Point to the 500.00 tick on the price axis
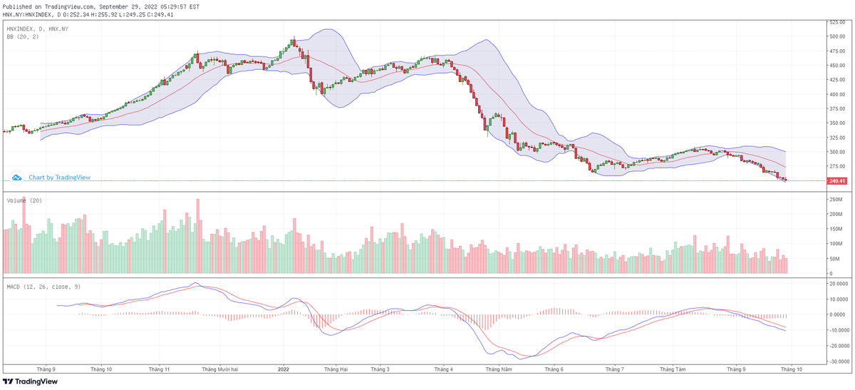point(836,36)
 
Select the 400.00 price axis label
point(836,94)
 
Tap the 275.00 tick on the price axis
point(836,166)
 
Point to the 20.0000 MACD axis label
point(838,283)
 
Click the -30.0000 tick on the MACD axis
point(838,361)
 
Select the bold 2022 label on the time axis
point(283,369)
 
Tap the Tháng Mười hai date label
point(220,369)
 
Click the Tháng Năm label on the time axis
point(497,369)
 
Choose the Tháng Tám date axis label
point(673,369)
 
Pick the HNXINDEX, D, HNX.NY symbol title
point(37,29)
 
